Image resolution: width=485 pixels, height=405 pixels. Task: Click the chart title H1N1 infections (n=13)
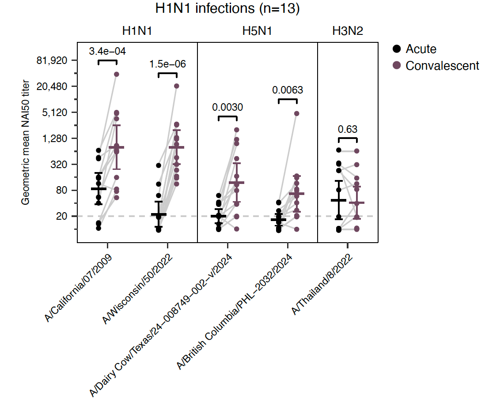coord(227,9)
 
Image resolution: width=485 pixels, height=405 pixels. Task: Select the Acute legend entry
coord(421,49)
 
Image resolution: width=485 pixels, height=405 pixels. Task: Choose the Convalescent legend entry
coord(442,66)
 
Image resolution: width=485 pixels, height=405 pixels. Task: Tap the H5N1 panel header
coord(257,31)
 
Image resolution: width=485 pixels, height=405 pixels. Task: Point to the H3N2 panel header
coord(348,31)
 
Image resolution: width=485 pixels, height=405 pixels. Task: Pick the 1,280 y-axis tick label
coord(56,139)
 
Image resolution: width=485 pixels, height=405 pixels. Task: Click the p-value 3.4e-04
coord(107,52)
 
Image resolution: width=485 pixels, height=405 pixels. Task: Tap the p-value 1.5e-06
coord(167,64)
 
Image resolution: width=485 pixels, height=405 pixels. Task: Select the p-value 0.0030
coord(227,107)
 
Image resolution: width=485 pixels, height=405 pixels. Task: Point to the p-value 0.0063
coord(288,90)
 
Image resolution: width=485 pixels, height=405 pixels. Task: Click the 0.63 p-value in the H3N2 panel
coord(348,129)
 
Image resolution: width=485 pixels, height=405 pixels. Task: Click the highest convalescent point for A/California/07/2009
coord(117,74)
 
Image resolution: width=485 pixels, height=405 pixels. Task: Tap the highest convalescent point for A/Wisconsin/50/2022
coord(177,86)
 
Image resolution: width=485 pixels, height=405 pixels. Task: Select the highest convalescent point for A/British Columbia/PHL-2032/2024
coord(297,113)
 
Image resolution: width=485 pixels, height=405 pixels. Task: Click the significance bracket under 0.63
coord(348,139)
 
